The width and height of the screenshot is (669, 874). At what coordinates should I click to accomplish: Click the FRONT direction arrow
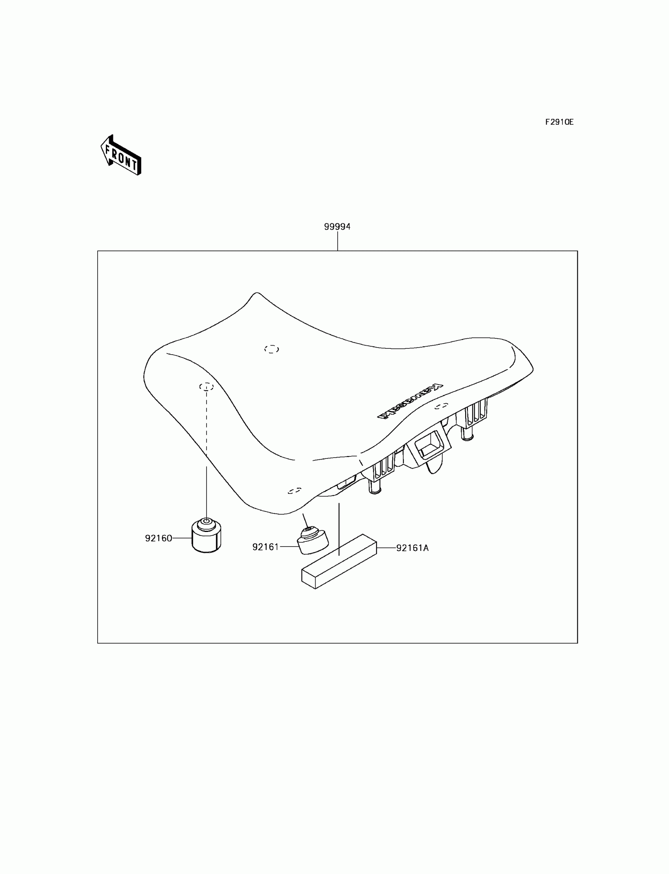(x=121, y=155)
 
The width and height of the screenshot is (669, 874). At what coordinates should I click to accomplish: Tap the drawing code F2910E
(x=559, y=122)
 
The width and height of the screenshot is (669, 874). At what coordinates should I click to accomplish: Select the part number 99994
(x=337, y=227)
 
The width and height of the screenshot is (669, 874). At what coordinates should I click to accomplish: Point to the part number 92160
(x=159, y=538)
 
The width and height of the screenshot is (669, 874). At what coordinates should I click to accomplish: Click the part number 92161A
(x=412, y=548)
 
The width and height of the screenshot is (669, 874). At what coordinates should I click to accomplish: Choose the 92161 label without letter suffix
(x=266, y=547)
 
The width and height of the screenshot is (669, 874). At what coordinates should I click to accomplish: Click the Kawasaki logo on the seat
(x=410, y=401)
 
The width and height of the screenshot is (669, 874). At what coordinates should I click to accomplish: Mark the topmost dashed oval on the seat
(x=272, y=349)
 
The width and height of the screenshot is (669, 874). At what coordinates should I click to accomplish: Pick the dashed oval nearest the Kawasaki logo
(x=441, y=406)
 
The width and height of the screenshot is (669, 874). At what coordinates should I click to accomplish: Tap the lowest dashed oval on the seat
(x=294, y=491)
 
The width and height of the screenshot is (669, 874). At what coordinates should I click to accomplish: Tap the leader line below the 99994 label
(x=338, y=241)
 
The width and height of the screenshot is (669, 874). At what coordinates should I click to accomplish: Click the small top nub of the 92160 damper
(x=206, y=522)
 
